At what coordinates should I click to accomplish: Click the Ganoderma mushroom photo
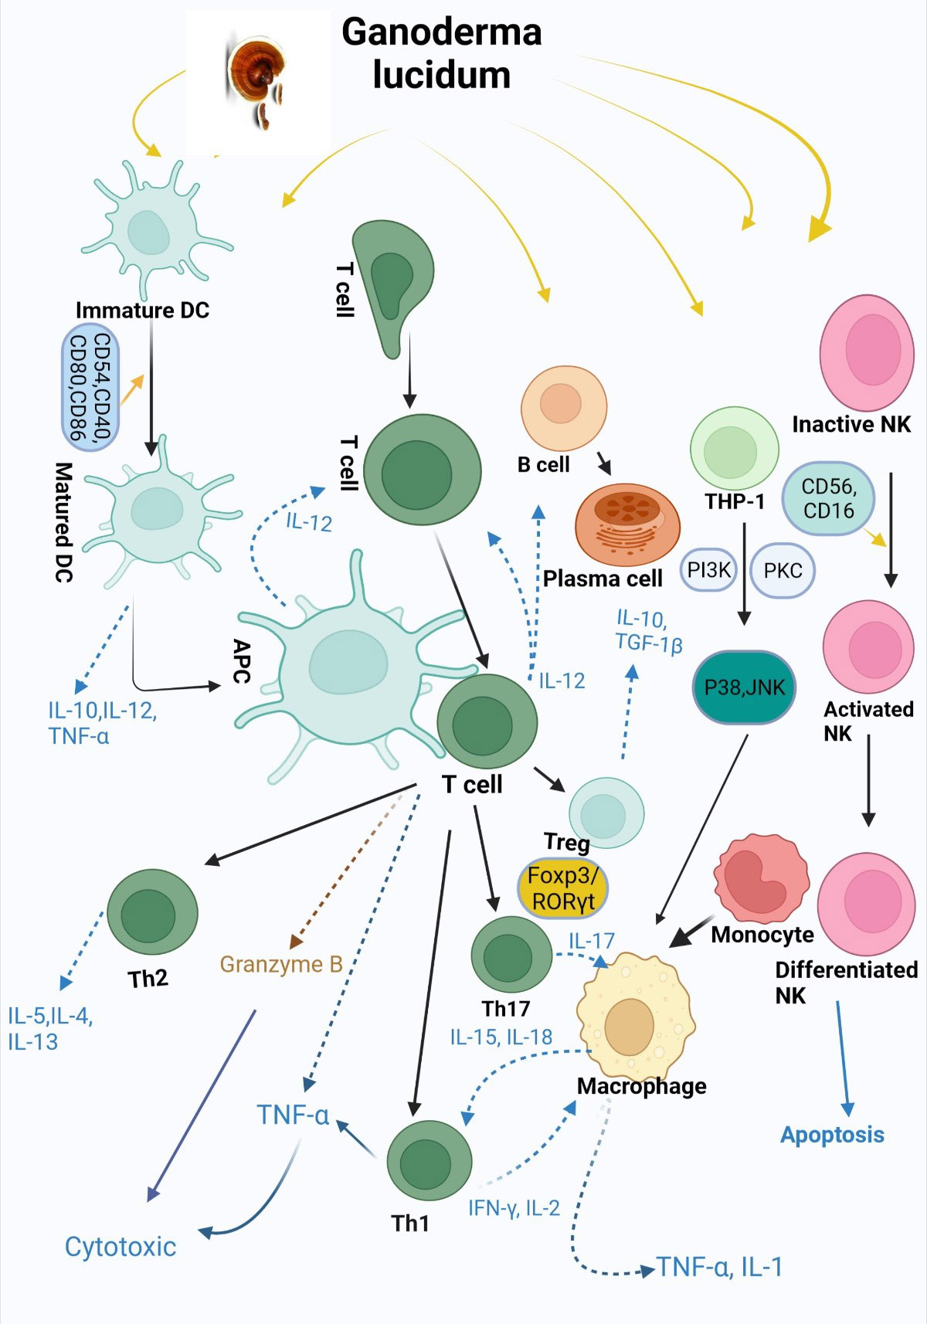coord(258,82)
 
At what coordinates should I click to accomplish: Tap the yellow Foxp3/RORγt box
coord(562,888)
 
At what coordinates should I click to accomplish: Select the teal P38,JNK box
coord(744,687)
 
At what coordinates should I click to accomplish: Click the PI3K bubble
coord(708,570)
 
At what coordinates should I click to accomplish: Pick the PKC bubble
coord(783,570)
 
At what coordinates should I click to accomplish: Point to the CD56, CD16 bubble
coord(828,498)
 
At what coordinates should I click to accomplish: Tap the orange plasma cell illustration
coord(628,525)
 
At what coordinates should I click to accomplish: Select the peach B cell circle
coord(563,408)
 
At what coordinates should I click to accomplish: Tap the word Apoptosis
coord(832,1135)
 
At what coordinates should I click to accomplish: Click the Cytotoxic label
coord(121,1247)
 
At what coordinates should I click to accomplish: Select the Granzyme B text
coord(281,964)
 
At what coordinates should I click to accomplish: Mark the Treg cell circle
coord(606,813)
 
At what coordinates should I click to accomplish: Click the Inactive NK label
coord(851,424)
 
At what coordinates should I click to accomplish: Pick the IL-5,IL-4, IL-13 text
coord(50,1028)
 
